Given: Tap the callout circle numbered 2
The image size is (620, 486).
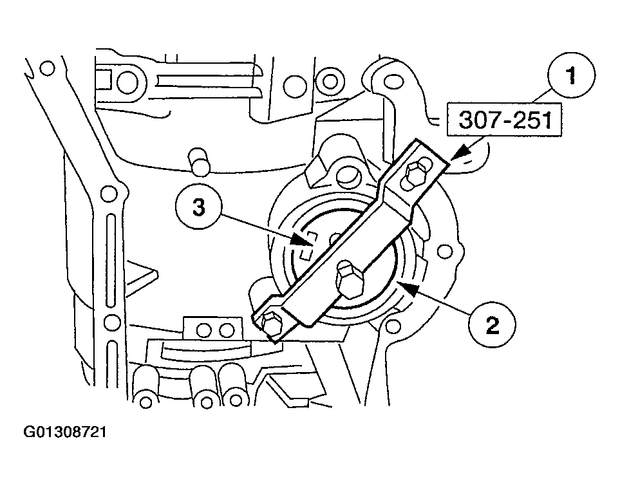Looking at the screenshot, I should (x=492, y=326).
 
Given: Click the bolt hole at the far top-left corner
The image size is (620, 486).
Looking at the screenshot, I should (x=46, y=67).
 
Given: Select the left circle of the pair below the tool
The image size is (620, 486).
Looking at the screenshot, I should (x=205, y=330).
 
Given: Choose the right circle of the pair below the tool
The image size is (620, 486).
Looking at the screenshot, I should (x=226, y=330).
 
